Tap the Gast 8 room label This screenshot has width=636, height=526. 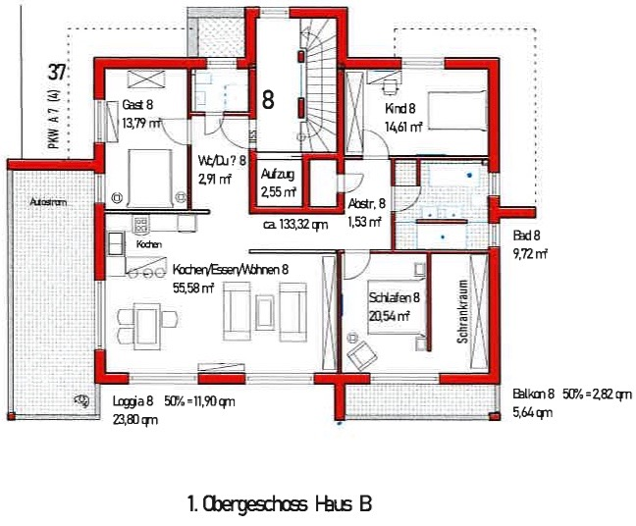click(138, 106)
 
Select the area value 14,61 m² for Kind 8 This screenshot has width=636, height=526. click(402, 127)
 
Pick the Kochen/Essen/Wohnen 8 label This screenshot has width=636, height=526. click(230, 269)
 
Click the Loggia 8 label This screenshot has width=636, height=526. click(133, 401)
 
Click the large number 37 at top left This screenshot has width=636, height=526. click(57, 73)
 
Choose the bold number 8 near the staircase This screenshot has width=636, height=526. click(267, 98)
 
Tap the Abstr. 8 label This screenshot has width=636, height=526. click(367, 203)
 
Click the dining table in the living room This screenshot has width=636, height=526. click(144, 322)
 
